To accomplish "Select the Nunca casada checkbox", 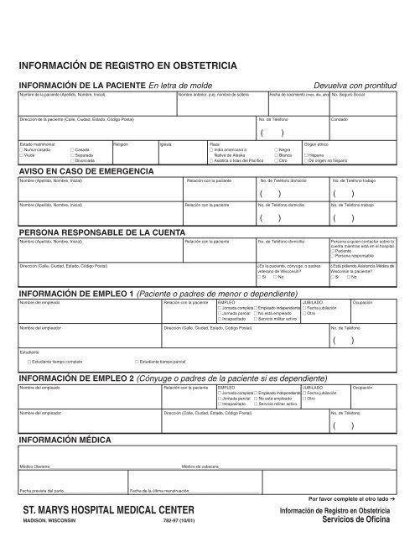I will tap(22, 149).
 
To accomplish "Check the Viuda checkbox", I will tap(22, 154).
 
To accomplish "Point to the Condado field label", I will tap(340, 120).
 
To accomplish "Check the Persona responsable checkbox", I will tap(333, 255).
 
